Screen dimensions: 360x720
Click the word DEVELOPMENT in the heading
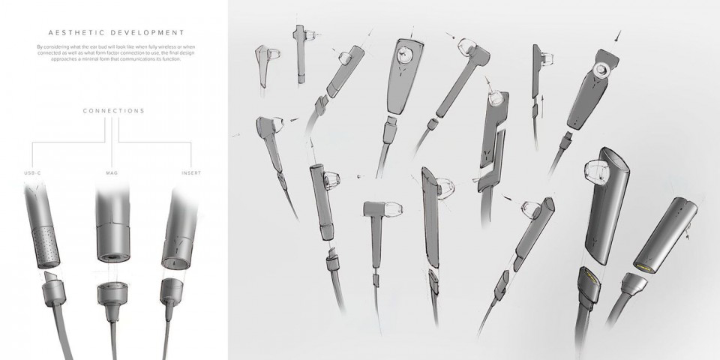[146, 33]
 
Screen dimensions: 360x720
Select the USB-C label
[33, 172]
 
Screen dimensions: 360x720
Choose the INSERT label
[191, 172]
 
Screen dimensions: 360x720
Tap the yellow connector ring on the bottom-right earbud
[643, 267]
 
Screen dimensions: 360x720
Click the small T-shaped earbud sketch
[375, 214]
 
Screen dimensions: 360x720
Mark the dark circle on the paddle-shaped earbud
[405, 54]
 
